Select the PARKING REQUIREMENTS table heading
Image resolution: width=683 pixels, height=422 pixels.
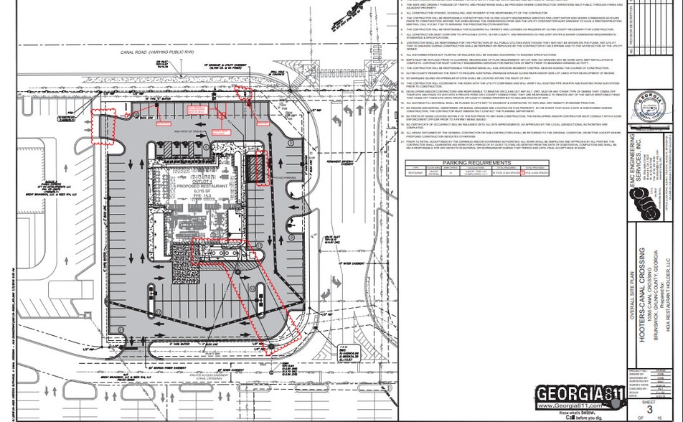(x=471, y=163)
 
